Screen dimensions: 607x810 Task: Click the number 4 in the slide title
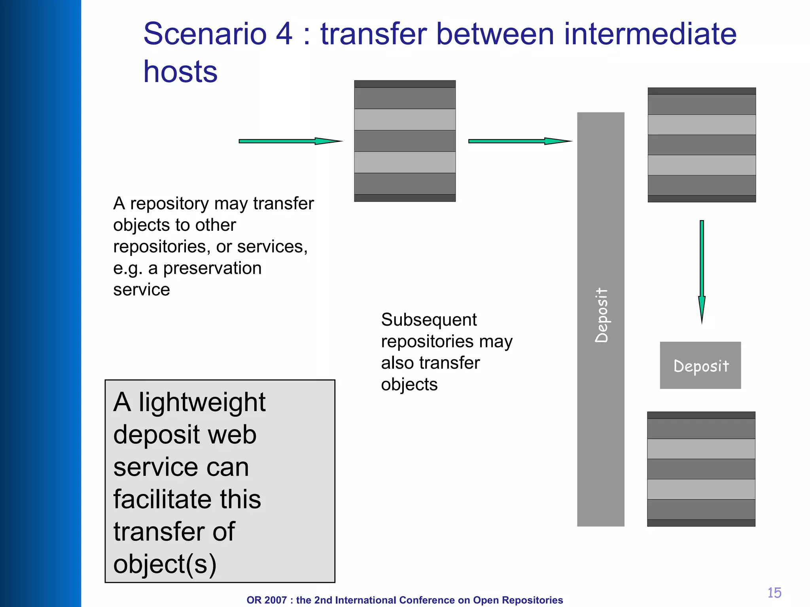[x=284, y=34]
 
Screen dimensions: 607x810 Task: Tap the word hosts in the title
[x=180, y=72]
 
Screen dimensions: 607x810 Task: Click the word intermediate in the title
[x=650, y=34]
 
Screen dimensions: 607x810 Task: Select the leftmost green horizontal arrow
[x=290, y=141]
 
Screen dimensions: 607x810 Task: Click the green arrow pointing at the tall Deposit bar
[x=519, y=141]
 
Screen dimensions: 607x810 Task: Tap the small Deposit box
[x=700, y=366]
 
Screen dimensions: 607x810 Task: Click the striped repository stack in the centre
[x=405, y=141]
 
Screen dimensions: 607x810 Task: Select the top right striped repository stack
[x=702, y=145]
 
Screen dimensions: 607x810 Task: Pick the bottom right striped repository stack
[x=701, y=469]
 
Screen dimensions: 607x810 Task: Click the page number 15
[x=774, y=593]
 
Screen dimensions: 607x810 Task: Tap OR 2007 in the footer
[x=266, y=600]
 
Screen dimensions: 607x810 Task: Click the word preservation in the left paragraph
[x=212, y=268]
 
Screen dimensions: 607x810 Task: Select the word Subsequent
[x=429, y=320]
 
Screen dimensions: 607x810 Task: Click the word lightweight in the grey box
[x=202, y=402]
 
